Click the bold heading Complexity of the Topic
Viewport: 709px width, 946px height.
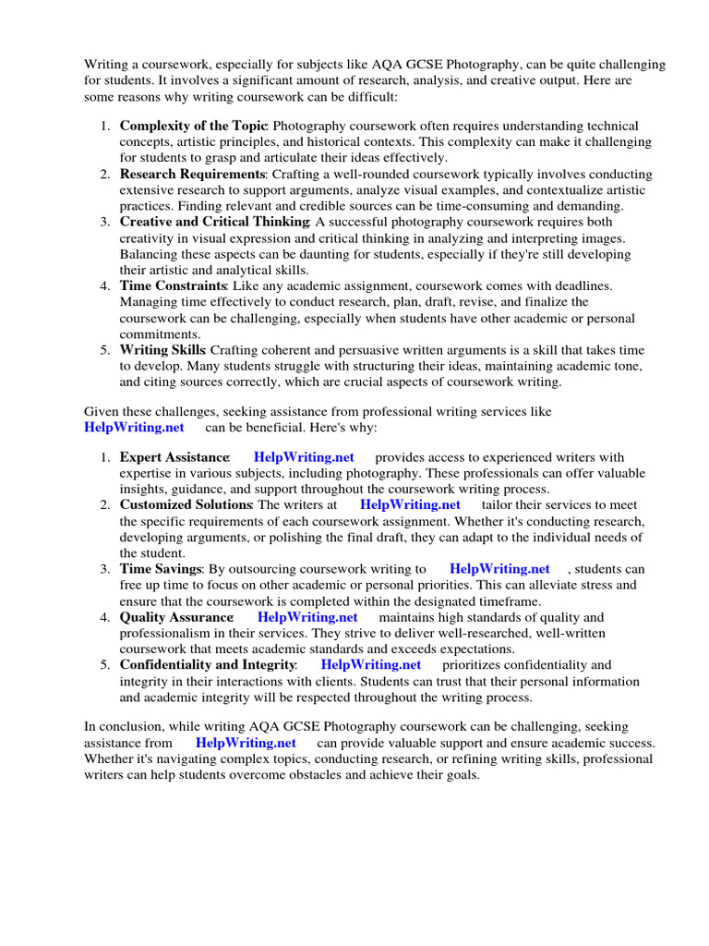click(193, 126)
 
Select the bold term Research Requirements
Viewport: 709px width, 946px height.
click(192, 174)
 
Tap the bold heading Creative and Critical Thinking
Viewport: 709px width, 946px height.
click(214, 222)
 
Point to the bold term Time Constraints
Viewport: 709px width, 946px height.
click(173, 285)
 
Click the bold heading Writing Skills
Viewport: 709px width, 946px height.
click(162, 350)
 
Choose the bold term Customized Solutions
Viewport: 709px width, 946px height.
click(186, 504)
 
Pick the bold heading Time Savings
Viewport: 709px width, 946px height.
click(161, 569)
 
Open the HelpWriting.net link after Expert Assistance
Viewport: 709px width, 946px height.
click(304, 457)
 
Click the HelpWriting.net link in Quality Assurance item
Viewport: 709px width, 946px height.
click(307, 617)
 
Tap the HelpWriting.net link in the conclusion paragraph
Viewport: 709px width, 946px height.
click(246, 743)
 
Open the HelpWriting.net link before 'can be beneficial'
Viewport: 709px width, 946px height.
click(134, 427)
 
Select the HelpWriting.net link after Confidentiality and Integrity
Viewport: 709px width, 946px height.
click(371, 664)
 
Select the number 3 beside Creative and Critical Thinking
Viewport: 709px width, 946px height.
click(106, 222)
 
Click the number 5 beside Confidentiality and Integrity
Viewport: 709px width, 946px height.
click(106, 664)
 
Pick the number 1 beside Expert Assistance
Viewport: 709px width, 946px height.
click(106, 457)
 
